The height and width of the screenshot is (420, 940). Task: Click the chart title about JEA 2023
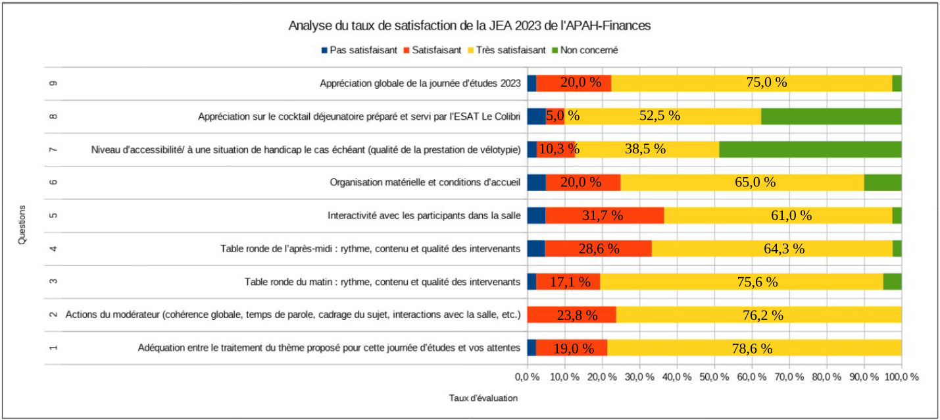(470, 26)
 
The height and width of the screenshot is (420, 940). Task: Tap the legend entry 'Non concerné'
(583, 50)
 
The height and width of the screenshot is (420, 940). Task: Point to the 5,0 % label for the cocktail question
(564, 116)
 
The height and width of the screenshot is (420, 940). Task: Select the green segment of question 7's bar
(810, 149)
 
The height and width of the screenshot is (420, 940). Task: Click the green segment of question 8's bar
(831, 116)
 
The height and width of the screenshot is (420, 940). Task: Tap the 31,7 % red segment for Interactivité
(605, 215)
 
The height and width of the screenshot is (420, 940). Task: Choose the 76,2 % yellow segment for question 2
(758, 315)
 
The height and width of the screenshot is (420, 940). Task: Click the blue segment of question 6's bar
(536, 182)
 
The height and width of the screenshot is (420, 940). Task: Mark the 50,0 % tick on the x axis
(714, 377)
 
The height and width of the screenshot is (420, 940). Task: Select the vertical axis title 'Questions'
(22, 224)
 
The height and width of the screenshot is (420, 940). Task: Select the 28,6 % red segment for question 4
(598, 248)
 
